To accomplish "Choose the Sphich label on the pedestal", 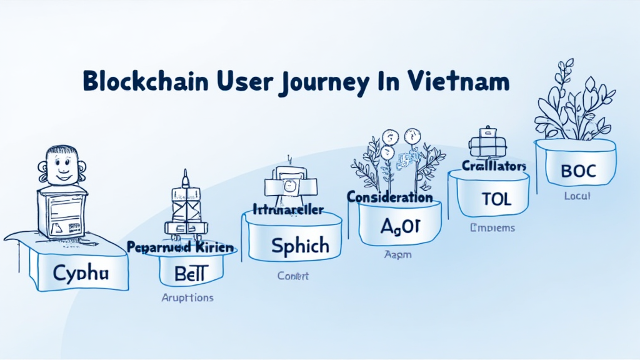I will [x=300, y=245].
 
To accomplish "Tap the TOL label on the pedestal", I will [x=496, y=199].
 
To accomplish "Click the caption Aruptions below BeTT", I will [x=187, y=297].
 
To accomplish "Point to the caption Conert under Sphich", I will [x=293, y=276].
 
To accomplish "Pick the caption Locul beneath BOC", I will [x=577, y=196].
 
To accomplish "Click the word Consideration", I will [x=390, y=197].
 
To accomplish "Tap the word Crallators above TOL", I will [x=494, y=166].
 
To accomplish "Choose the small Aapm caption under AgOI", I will [x=397, y=255].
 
